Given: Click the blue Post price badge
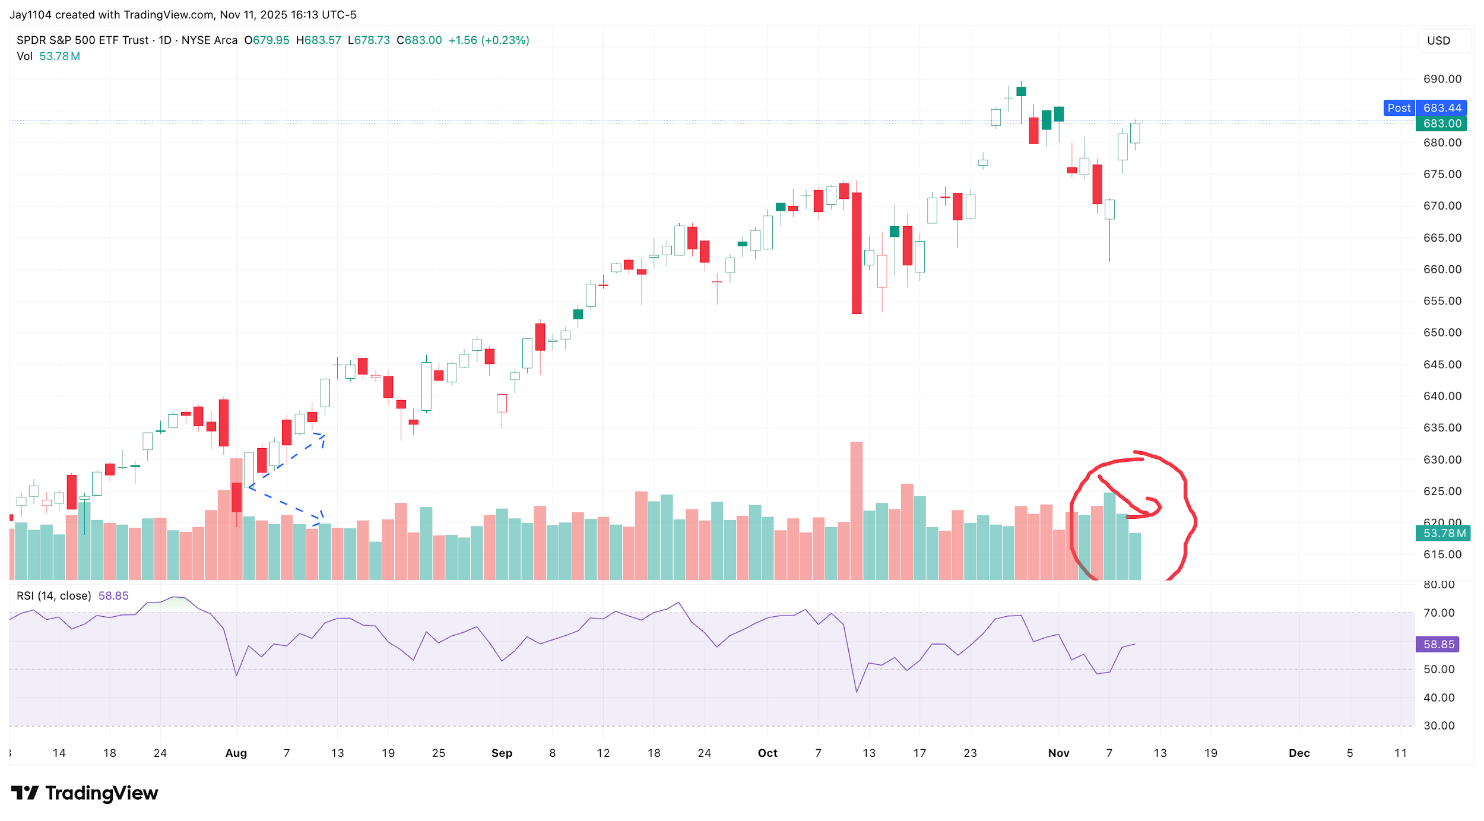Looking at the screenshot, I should tap(1399, 108).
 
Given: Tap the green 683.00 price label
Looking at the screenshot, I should tap(1441, 123).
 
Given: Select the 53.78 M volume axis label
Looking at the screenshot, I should tap(1443, 533).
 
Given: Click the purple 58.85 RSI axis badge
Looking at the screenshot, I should tap(1438, 644).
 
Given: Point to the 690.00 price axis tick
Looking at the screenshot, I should tap(1442, 79).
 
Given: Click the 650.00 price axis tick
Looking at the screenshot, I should tap(1442, 332).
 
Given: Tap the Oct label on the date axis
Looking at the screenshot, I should tap(767, 753).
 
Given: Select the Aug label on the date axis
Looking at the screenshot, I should tap(236, 753).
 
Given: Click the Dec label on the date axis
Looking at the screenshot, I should tap(1299, 753).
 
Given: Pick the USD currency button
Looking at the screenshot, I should tap(1438, 40).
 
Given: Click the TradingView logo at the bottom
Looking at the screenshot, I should tap(84, 793).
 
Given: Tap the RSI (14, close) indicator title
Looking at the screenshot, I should tap(53, 595).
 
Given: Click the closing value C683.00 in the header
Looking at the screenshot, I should tap(419, 40).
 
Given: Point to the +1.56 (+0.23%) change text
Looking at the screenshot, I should tap(489, 40).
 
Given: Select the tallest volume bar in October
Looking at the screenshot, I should tap(856, 511).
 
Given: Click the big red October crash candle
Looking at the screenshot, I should tap(856, 253).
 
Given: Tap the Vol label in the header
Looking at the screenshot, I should tap(24, 56).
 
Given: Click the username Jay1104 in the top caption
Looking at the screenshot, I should tap(30, 14).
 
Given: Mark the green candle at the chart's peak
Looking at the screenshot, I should tap(1021, 91).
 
